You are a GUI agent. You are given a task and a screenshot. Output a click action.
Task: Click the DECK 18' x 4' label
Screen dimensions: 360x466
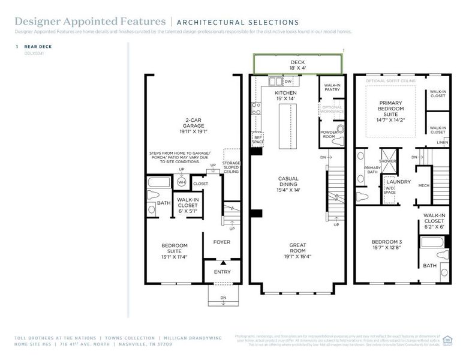click(298, 65)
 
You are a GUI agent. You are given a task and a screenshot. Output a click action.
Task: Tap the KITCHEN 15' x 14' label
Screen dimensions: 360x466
click(286, 96)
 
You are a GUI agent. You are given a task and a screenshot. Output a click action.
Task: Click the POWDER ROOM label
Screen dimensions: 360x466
click(329, 134)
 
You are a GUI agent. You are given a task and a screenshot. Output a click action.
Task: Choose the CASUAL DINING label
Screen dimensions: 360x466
click(288, 183)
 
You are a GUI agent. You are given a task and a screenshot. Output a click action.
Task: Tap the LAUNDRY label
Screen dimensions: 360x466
click(398, 181)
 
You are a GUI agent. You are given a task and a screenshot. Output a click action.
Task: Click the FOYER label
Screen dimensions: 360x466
click(222, 242)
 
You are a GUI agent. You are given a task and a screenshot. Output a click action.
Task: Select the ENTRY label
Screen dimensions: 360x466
click(222, 272)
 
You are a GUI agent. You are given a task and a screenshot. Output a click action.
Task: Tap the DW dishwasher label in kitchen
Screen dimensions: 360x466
click(288, 81)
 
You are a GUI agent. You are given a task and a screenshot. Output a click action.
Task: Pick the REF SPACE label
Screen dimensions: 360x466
click(258, 139)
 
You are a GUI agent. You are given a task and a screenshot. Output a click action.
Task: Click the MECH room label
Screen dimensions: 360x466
click(423, 185)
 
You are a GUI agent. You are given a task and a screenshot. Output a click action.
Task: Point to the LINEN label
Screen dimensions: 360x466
click(442, 142)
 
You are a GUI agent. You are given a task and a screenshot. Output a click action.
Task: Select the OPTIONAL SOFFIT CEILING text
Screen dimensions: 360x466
click(390, 80)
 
